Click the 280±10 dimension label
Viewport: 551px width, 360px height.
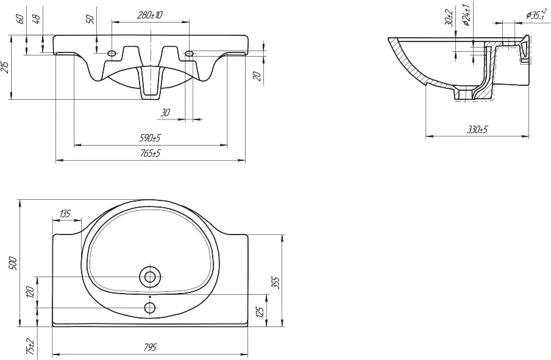(150, 15)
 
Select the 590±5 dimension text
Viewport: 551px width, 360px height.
(151, 138)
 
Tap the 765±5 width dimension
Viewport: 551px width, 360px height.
(151, 153)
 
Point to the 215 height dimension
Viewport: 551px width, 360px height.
(5, 67)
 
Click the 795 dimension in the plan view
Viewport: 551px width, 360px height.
(150, 347)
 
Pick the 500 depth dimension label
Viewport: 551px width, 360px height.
(13, 263)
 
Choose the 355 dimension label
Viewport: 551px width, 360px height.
(276, 283)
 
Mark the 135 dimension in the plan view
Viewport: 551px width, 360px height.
(65, 213)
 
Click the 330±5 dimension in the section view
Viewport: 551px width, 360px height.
(477, 130)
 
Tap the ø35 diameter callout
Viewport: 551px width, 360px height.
(536, 15)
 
